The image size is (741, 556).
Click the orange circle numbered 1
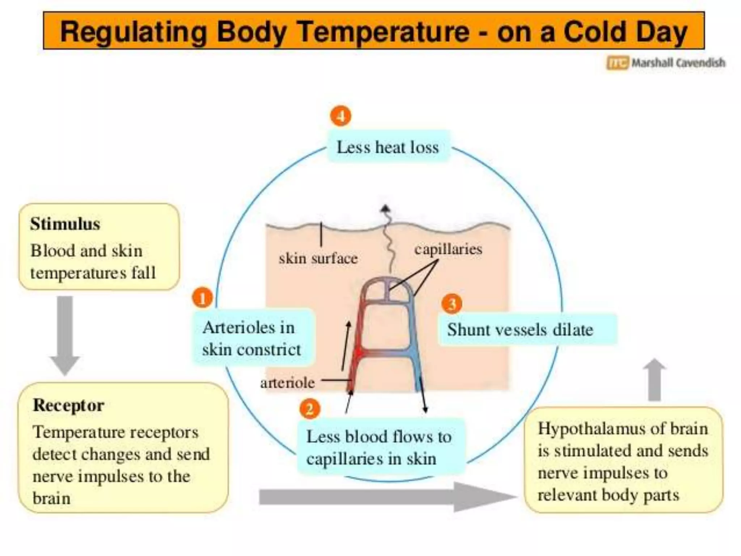point(202,298)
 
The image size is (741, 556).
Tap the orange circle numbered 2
point(310,409)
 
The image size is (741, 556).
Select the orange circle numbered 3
point(452,304)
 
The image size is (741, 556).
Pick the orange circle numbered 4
point(340,116)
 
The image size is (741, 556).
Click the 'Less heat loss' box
point(388,147)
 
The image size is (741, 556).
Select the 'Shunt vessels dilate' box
point(527,329)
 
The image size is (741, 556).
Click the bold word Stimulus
point(65,224)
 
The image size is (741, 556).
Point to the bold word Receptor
point(68,405)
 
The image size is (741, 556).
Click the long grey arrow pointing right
point(387,497)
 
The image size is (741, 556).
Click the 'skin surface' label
point(318,258)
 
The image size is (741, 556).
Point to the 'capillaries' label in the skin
point(448,249)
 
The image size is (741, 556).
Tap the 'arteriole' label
point(288,382)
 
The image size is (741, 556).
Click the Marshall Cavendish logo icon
point(618,63)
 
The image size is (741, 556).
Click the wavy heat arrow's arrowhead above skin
point(385,208)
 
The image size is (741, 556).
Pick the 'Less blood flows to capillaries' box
point(380,447)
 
